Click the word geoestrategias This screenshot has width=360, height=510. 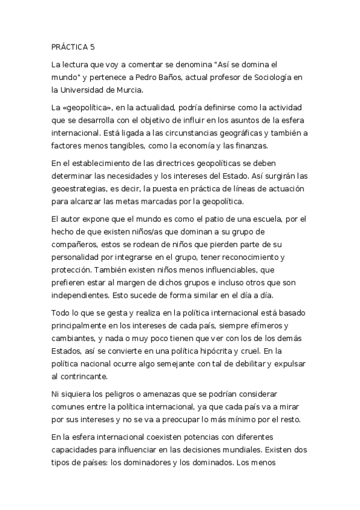pyautogui.click(x=81, y=189)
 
